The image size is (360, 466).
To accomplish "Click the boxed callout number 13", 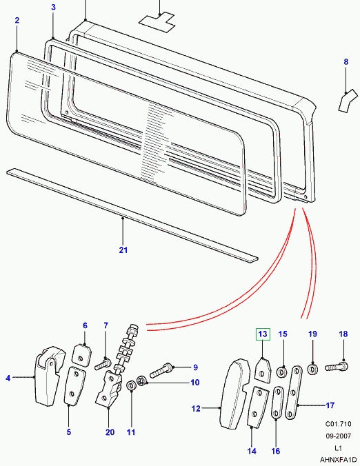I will point(261,334).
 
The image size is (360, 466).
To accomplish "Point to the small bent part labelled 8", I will point(343,102).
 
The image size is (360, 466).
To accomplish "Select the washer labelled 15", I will point(282,373).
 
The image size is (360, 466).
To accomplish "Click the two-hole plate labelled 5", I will point(72,388).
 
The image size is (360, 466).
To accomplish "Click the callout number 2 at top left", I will point(17,21).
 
